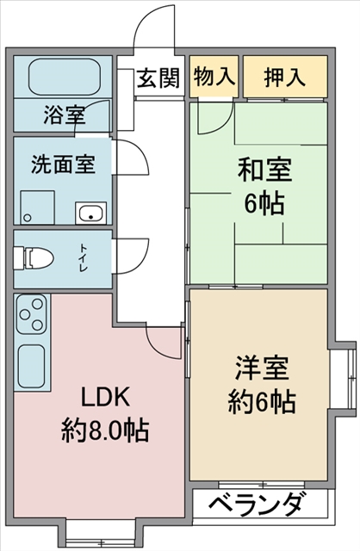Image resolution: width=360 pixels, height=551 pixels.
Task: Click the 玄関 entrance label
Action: (158, 78)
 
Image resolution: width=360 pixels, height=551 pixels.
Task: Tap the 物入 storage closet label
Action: (214, 76)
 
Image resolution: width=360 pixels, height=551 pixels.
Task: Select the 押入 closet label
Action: (285, 77)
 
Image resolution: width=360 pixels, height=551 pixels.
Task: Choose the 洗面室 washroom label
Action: (63, 164)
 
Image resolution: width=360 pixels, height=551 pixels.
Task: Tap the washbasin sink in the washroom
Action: (91, 213)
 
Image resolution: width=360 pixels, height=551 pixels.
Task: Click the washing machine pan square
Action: (37, 207)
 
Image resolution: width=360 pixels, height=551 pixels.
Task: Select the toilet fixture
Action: (34, 258)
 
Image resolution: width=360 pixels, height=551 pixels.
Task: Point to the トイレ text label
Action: (84, 257)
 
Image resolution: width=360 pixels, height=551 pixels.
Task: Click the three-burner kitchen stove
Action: (31, 313)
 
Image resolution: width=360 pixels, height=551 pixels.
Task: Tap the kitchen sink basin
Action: (31, 366)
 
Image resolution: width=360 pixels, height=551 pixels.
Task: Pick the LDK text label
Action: (106, 396)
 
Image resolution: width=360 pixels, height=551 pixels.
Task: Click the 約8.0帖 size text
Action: (105, 430)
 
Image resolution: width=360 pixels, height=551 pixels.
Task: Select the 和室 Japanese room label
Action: (264, 170)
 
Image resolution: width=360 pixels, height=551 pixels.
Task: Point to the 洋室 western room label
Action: (262, 368)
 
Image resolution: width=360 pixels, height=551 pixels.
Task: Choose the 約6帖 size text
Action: (262, 402)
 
